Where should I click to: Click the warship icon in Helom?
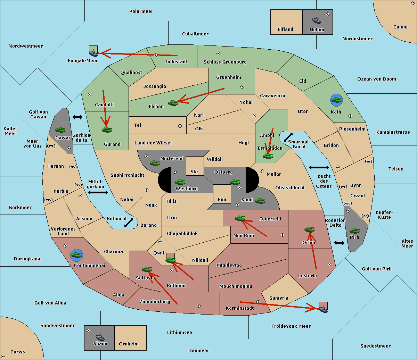coord(317,20)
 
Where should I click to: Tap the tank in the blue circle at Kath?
coord(336,100)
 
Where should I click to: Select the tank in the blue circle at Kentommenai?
coord(77,255)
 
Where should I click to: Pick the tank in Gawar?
coord(60,129)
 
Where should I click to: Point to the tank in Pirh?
coord(354,231)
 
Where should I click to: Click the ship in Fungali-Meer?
coord(93,53)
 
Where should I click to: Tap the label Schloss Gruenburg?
coord(225,62)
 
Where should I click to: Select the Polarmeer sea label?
coord(141,11)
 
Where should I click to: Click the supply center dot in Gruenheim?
coord(242,87)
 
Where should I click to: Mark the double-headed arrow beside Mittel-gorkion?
coord(98,192)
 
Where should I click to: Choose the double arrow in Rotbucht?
coord(129,223)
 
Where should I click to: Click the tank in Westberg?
coord(180,182)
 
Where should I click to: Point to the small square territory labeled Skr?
coord(195,166)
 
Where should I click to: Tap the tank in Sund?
coord(260,201)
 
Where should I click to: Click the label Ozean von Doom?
coord(376,79)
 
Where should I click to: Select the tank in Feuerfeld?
coord(240,218)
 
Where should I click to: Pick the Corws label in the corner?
coord(18,352)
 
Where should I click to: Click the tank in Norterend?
coord(155,163)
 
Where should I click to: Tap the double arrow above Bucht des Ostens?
coord(319,167)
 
